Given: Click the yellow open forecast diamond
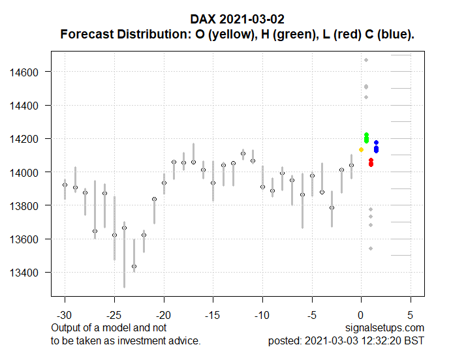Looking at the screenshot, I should pyautogui.click(x=361, y=150).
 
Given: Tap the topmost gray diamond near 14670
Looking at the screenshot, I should pyautogui.click(x=366, y=60).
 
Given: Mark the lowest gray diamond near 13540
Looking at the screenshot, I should pyautogui.click(x=370, y=248).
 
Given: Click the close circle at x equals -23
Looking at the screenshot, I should pyautogui.click(x=134, y=266).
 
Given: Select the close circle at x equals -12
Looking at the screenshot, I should pyautogui.click(x=243, y=154).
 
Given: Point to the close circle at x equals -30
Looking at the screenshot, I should pyautogui.click(x=65, y=185).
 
